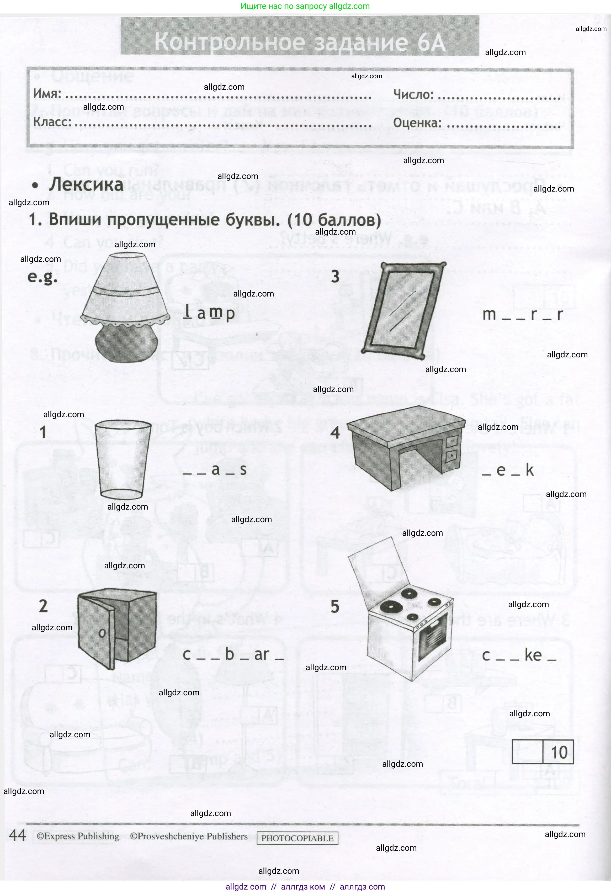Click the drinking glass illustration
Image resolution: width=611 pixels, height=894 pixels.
(122, 460)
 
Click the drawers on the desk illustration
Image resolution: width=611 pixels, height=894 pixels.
(451, 448)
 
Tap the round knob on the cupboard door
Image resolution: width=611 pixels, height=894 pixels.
(102, 633)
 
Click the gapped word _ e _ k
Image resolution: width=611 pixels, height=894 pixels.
(508, 470)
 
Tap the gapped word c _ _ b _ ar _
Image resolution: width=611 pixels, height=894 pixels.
(233, 655)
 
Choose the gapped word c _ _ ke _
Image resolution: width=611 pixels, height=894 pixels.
(519, 655)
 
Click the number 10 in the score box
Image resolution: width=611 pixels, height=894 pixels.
(559, 753)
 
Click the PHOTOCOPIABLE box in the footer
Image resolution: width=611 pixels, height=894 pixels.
(297, 838)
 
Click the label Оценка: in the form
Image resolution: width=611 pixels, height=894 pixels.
(417, 123)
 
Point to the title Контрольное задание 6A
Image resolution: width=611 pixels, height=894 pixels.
(300, 41)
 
